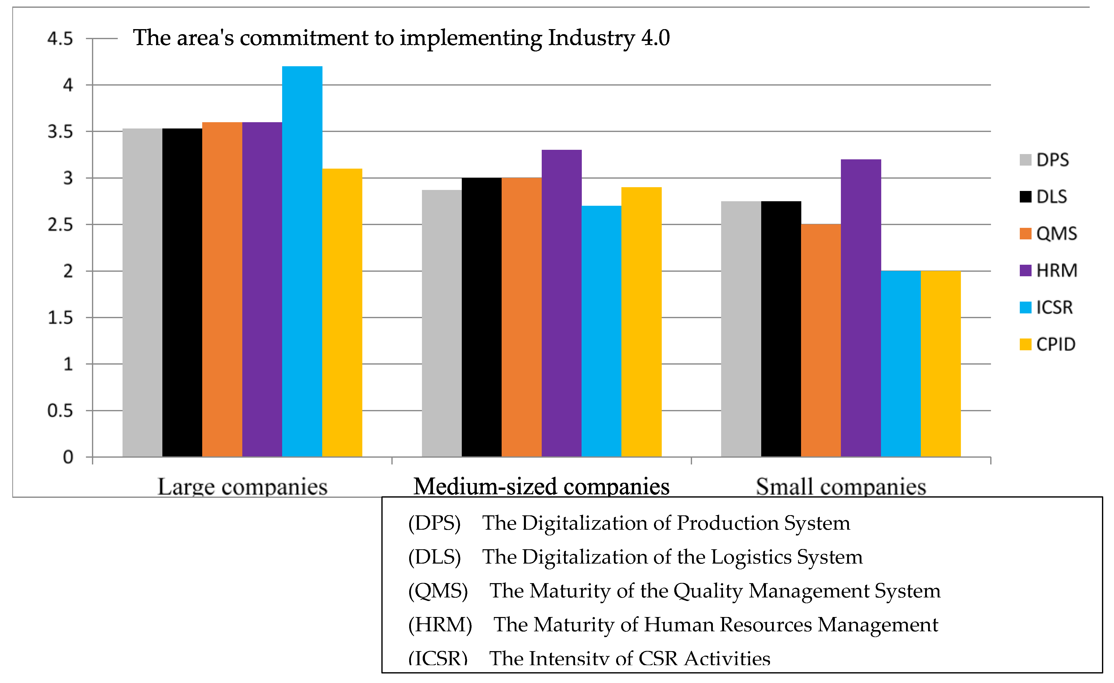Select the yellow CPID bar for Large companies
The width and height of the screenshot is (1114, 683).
(x=342, y=312)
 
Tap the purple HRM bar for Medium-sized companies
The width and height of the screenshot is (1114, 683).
(x=562, y=303)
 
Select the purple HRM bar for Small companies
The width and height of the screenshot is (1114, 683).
(x=861, y=308)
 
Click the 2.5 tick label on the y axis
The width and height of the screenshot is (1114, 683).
(x=60, y=225)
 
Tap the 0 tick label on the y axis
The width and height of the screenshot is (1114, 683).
(x=68, y=457)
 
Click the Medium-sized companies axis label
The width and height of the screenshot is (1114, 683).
(x=541, y=487)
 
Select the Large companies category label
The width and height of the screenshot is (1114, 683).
(x=242, y=487)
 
